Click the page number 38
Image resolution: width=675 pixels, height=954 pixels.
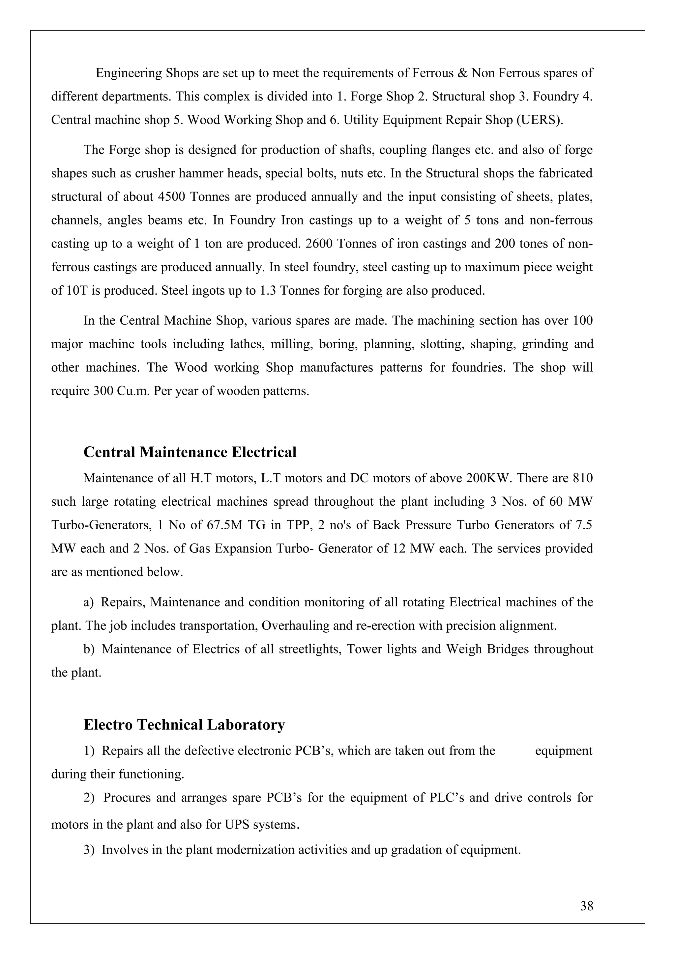point(586,906)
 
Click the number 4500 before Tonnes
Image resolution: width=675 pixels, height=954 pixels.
point(171,197)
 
